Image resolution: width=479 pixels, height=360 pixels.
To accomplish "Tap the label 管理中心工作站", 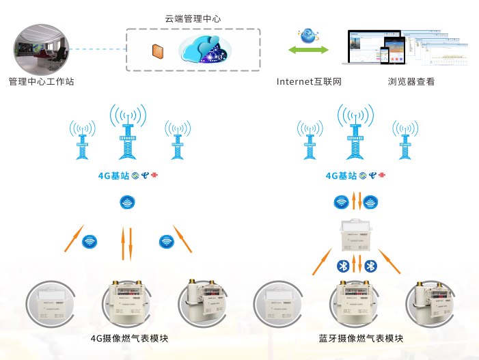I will pos(41,82).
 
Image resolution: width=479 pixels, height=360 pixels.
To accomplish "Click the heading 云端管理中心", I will pos(193,19).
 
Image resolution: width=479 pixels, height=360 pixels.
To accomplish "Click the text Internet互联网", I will pos(309,82).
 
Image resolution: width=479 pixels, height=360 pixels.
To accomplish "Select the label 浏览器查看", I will pos(411,82).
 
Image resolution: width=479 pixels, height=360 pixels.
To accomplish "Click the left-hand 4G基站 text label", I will pos(114,176).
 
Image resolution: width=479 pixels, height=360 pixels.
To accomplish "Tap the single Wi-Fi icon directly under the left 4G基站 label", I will pos(126,202).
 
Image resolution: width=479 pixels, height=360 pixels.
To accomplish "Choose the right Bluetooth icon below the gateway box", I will pos(370,266).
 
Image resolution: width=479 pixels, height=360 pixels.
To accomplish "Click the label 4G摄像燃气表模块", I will pos(129,338).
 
